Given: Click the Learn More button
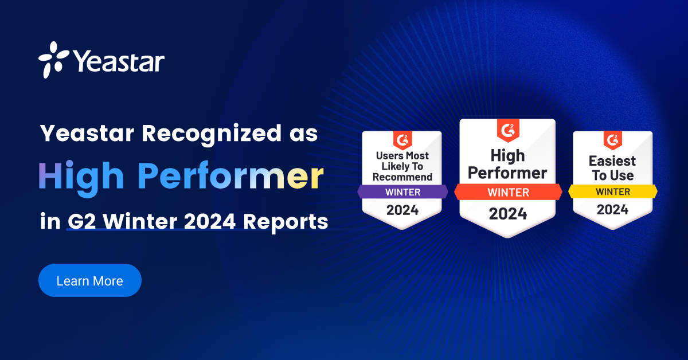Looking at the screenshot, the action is [x=89, y=280].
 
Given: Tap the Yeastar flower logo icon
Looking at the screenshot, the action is [x=53, y=60].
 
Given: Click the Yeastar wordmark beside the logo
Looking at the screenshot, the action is [x=119, y=61].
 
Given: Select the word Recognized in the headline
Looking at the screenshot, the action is [x=212, y=134].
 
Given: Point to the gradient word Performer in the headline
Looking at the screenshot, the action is [x=230, y=175].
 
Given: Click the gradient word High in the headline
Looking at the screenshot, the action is [x=81, y=178].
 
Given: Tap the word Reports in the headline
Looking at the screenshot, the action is [x=286, y=222].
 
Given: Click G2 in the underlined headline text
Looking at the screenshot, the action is [x=81, y=221].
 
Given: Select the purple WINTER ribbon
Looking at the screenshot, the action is [x=402, y=192].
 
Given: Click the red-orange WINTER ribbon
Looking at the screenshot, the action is [x=509, y=192].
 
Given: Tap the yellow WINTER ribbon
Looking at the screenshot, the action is [x=613, y=191].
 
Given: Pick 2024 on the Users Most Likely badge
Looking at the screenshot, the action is [x=402, y=210].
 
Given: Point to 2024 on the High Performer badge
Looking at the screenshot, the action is [x=508, y=214].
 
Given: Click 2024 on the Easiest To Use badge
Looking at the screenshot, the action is [x=613, y=210].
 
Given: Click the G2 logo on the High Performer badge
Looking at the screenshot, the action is [x=508, y=131].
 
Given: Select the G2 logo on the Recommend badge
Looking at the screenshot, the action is [x=402, y=140].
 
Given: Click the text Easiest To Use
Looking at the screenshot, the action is [x=612, y=168].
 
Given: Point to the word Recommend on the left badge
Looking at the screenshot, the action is [x=402, y=177].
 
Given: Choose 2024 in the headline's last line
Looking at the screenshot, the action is [x=210, y=221].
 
